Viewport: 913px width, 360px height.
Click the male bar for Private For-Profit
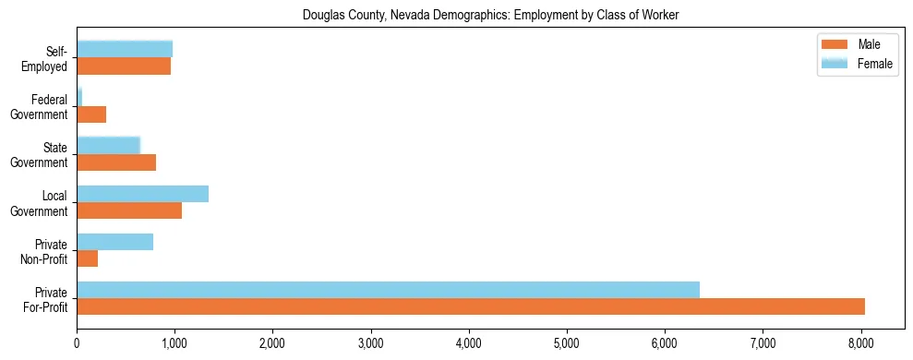point(471,306)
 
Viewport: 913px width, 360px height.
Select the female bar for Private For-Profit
point(388,290)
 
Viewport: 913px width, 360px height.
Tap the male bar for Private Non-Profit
point(87,258)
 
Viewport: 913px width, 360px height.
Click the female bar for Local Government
point(142,194)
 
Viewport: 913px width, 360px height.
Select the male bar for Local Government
point(129,210)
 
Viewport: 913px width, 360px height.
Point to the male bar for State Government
point(116,162)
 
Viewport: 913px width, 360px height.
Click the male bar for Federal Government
point(91,114)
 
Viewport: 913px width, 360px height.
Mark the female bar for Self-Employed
point(125,49)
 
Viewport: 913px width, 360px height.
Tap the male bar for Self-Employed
point(124,66)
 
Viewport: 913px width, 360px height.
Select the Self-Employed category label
point(48,58)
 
